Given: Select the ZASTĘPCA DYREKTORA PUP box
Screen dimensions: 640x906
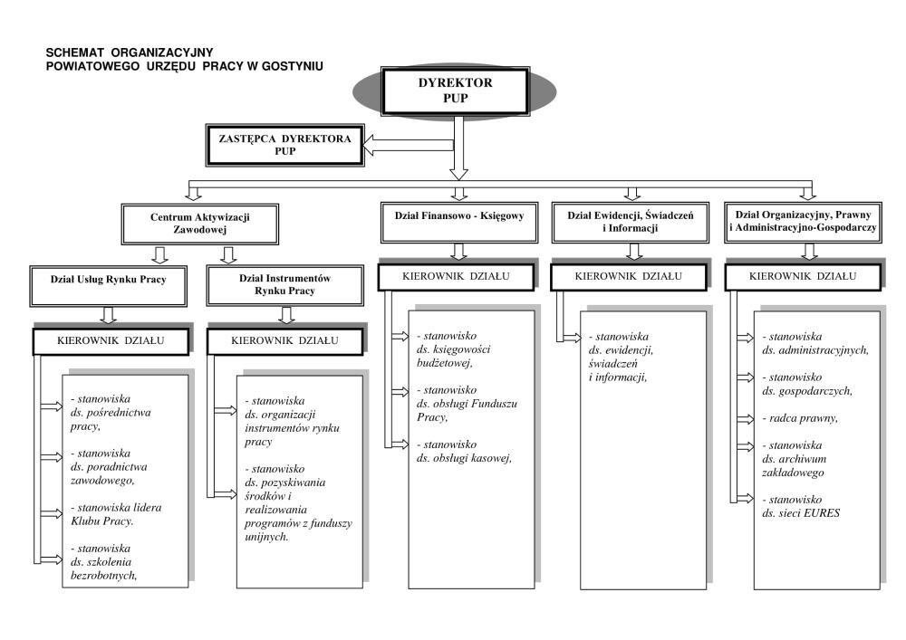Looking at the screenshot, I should pyautogui.click(x=284, y=145).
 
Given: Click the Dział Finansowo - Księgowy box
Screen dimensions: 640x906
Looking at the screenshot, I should pyautogui.click(x=458, y=216).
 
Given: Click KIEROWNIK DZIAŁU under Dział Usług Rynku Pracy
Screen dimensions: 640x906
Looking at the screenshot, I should pyautogui.click(x=111, y=340).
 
